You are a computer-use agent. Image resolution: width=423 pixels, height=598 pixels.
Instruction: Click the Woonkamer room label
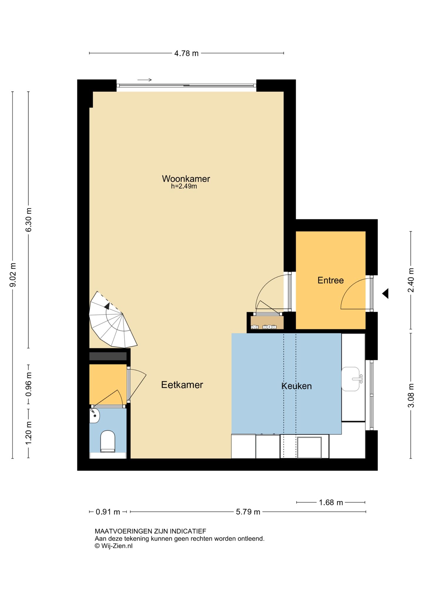pyautogui.click(x=186, y=179)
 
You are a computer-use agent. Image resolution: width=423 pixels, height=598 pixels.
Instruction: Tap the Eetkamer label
pyautogui.click(x=182, y=385)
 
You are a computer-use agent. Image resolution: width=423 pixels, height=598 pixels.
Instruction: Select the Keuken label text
pyautogui.click(x=297, y=386)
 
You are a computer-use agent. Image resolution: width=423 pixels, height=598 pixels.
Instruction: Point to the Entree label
pyautogui.click(x=330, y=280)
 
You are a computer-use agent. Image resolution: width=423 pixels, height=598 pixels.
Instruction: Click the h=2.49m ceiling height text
pyautogui.click(x=184, y=186)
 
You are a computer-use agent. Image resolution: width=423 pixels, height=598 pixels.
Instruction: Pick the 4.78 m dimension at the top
pyautogui.click(x=187, y=53)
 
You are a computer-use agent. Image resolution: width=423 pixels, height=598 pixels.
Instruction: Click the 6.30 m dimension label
pyautogui.click(x=28, y=220)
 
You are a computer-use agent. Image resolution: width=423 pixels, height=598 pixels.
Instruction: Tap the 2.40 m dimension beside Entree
pyautogui.click(x=411, y=280)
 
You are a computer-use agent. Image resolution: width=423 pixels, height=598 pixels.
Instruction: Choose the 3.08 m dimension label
pyautogui.click(x=411, y=395)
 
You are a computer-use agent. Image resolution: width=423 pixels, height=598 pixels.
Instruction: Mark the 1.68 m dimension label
pyautogui.click(x=331, y=502)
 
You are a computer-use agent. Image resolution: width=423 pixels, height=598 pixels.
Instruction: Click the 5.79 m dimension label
pyautogui.click(x=248, y=512)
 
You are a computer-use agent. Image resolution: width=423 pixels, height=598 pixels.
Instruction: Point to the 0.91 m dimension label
pyautogui.click(x=108, y=512)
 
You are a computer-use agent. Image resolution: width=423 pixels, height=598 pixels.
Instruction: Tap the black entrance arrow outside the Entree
pyautogui.click(x=385, y=293)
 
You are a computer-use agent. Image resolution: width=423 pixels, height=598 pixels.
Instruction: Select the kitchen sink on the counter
pyautogui.click(x=352, y=379)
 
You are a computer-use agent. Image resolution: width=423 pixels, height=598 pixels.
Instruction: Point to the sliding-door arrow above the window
pyautogui.click(x=145, y=80)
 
